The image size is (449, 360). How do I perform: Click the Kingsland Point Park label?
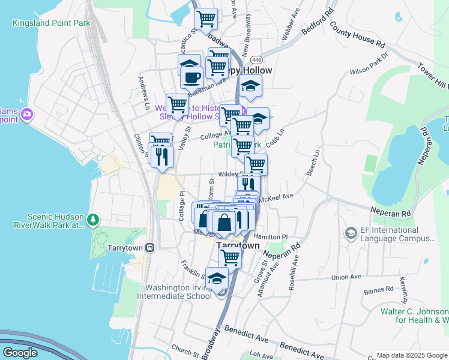(x=51, y=23)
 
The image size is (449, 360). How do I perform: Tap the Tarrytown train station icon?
(x=150, y=247)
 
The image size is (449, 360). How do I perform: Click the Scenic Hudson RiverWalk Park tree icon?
(x=92, y=220)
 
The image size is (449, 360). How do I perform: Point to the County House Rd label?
(x=357, y=37)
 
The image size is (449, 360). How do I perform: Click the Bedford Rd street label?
(x=320, y=21)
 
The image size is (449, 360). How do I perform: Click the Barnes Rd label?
(x=378, y=290)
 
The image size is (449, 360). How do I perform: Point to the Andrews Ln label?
(x=143, y=88)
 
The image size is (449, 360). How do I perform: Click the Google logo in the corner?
(x=20, y=353)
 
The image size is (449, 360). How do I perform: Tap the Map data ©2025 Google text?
(x=411, y=355)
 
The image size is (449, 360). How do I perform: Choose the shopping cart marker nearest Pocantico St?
(x=206, y=19)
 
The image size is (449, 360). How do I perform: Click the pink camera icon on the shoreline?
(x=26, y=114)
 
